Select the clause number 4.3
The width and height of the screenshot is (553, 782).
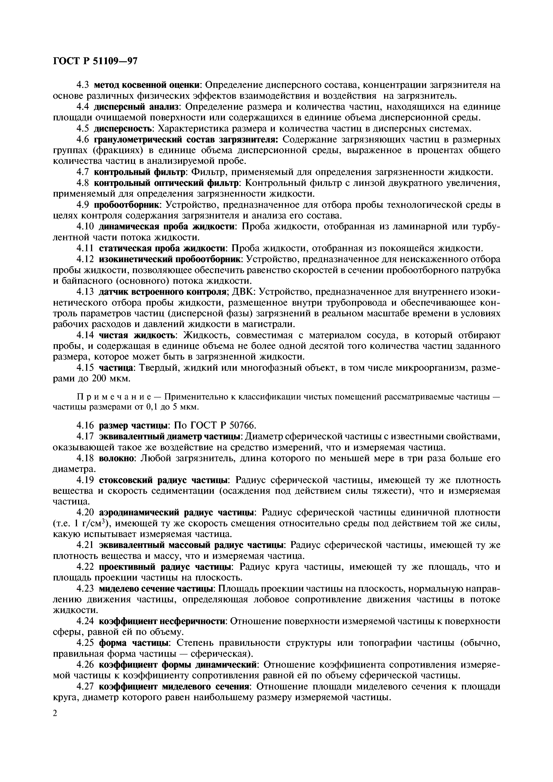82,85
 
